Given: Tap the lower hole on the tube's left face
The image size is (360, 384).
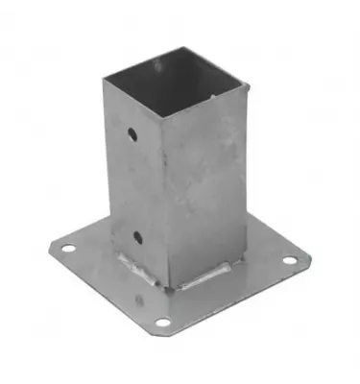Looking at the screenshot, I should coord(137,235).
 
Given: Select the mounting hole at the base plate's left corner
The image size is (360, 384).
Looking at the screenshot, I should coord(67,252).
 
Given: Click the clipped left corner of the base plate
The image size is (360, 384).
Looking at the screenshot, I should coord(48,252).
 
